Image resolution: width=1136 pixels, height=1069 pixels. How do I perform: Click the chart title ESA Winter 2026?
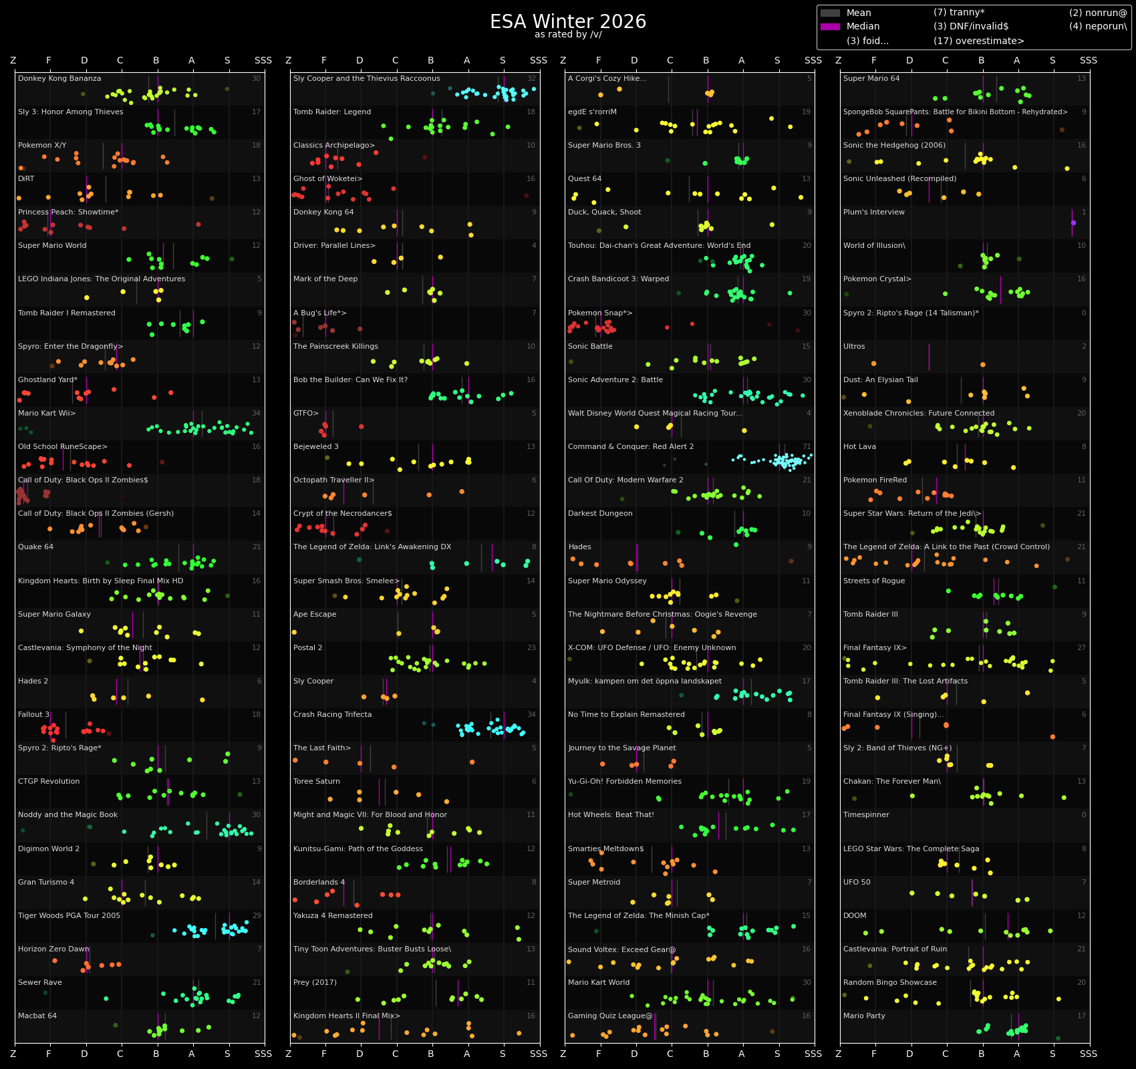tap(568, 22)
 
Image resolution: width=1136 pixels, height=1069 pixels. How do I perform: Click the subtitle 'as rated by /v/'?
tap(568, 35)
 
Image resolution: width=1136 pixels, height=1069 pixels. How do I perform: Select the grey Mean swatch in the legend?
tap(830, 13)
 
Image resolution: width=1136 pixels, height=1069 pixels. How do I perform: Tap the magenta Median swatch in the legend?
tap(830, 27)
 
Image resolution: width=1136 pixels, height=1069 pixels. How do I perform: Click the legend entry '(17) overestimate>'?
tap(978, 41)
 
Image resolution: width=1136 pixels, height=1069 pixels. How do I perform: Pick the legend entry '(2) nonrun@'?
tap(1097, 13)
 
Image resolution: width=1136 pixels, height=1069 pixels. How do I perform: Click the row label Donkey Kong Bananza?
tap(59, 79)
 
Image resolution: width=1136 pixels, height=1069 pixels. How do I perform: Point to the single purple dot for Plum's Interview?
tap(1073, 222)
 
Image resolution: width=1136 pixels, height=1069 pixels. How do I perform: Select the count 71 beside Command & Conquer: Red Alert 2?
tap(807, 447)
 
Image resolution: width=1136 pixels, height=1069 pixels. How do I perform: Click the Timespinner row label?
tap(866, 815)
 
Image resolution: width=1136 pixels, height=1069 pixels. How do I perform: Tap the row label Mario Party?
tap(864, 1016)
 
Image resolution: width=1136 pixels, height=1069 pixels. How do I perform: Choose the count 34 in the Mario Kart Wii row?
tap(257, 414)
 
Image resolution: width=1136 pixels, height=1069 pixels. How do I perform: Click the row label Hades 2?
tap(33, 681)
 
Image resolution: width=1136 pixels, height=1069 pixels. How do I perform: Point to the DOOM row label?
tap(855, 916)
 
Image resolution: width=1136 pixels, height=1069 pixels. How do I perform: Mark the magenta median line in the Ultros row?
tap(929, 357)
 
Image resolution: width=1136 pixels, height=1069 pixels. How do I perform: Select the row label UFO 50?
tap(857, 883)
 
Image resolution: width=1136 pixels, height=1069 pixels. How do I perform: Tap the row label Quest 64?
tap(585, 179)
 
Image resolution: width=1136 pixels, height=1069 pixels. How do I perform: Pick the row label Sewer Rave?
tap(40, 983)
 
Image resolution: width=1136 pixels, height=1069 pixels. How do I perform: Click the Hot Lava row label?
tap(859, 447)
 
